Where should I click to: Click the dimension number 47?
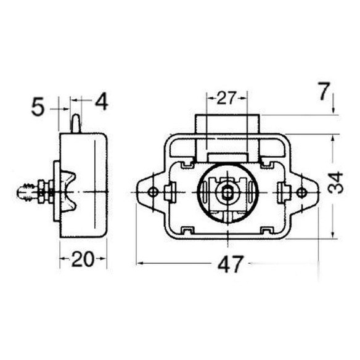230,264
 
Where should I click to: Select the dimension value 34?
335,183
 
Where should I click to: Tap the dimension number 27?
226,98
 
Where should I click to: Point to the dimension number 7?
324,91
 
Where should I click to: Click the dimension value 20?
83,259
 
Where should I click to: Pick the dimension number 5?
38,107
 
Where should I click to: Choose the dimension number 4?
102,101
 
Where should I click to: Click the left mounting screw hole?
153,192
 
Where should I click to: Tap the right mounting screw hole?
301,192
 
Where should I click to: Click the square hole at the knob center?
227,193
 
